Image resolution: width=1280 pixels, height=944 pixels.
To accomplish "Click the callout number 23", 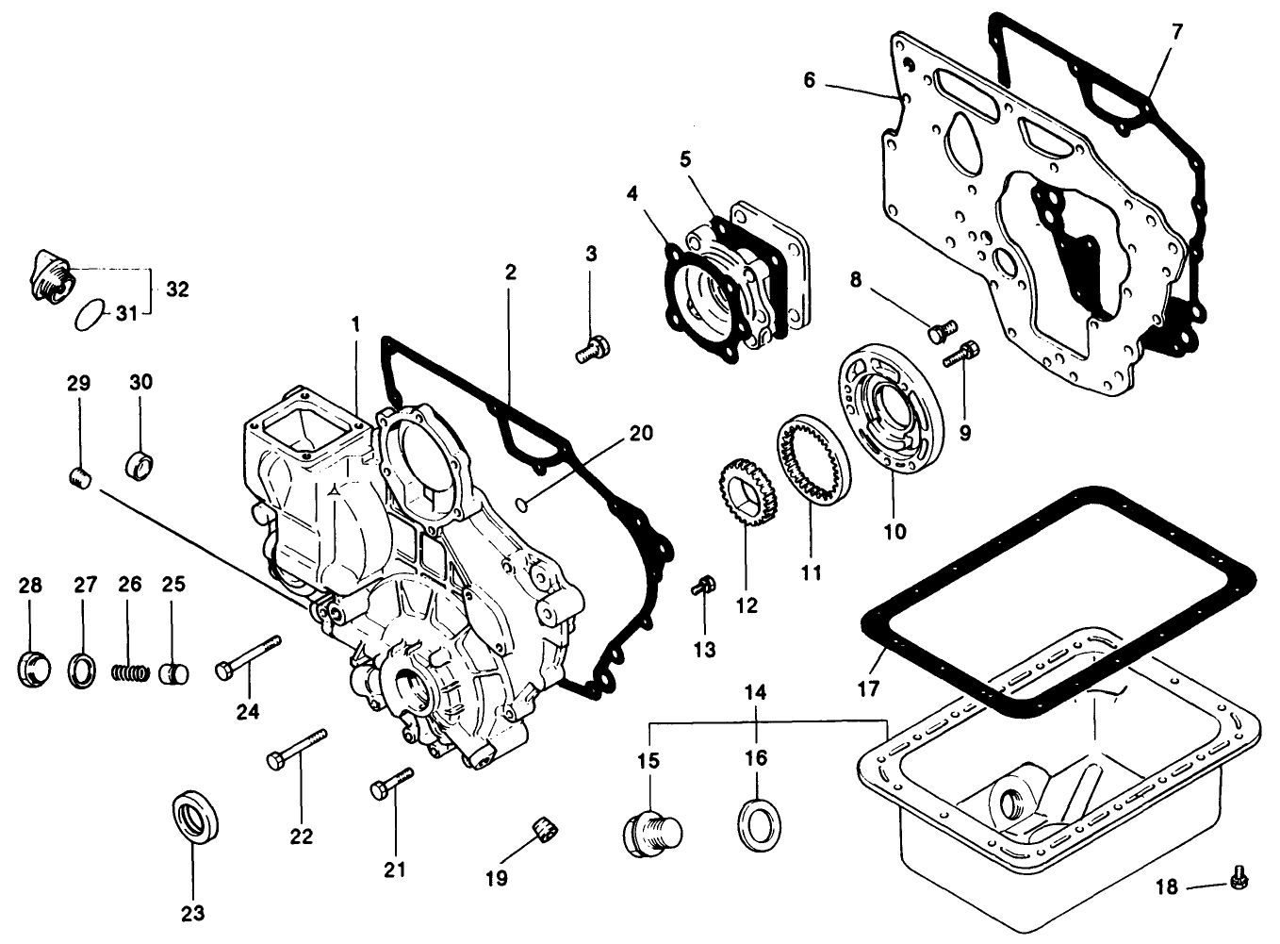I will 192,913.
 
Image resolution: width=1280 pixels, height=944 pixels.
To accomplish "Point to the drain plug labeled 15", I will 651,830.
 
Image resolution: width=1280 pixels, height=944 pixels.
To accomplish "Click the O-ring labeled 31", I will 92,313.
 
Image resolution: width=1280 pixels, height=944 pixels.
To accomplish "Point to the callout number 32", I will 177,290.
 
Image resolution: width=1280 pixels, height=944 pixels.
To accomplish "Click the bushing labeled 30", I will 139,463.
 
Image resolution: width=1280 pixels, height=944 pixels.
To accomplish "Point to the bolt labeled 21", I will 392,782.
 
